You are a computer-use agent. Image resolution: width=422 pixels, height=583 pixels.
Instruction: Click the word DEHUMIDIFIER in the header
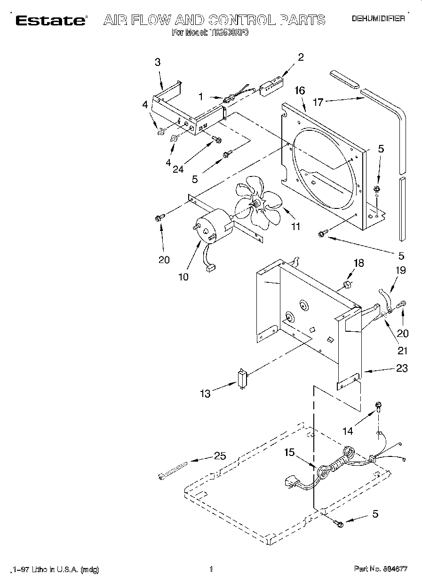[x=378, y=19]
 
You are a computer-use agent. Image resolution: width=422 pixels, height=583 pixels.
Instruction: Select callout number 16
[x=300, y=90]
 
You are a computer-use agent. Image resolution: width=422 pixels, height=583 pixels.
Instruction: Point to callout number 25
[x=220, y=455]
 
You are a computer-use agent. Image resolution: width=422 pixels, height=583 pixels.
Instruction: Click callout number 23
[x=401, y=368]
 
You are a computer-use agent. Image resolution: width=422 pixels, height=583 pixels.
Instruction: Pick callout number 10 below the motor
[x=183, y=277]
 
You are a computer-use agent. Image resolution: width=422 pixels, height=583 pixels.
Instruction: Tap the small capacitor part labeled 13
[x=243, y=377]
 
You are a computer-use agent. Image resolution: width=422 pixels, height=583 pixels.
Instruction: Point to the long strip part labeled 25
[x=173, y=469]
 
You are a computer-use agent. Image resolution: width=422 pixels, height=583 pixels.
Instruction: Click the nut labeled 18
[x=347, y=284]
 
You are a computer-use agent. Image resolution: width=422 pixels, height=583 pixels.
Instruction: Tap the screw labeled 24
[x=217, y=139]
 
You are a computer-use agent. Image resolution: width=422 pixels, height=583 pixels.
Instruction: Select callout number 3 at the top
[x=157, y=62]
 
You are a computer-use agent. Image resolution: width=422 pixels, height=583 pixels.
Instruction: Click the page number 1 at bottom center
[x=211, y=569]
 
